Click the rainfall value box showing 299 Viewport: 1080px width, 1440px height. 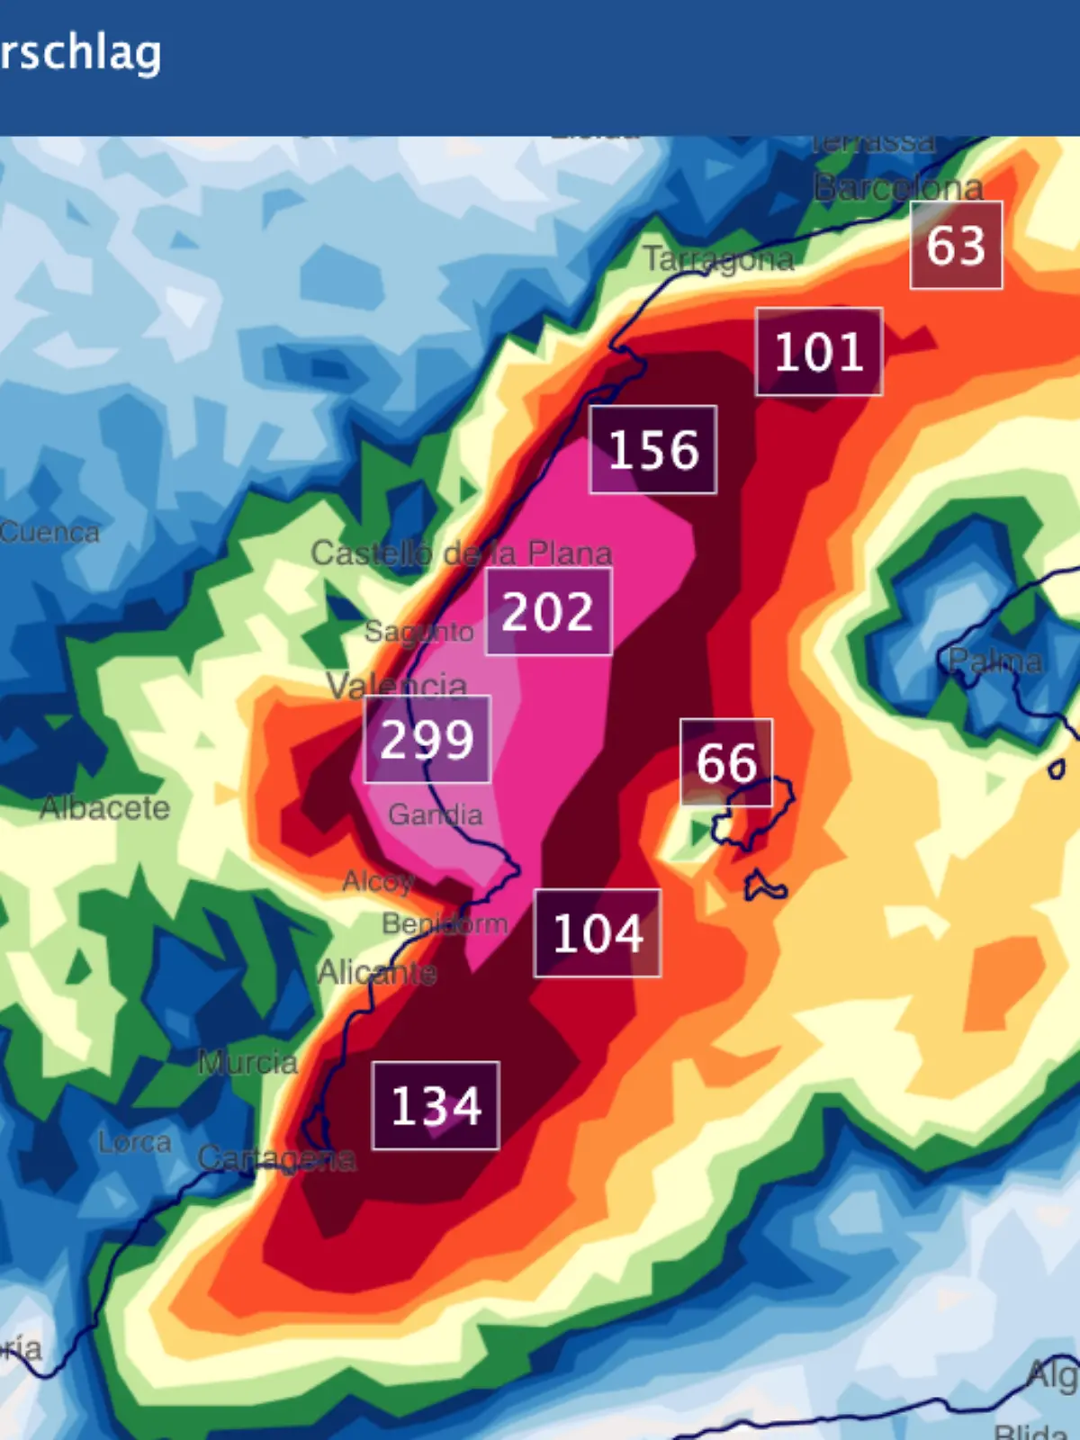pos(427,739)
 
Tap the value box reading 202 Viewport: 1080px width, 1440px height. pos(548,611)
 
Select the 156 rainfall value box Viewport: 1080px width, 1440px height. pos(653,449)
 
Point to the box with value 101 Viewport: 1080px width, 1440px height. pos(819,351)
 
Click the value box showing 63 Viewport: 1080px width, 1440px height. pos(956,245)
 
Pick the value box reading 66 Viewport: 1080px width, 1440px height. pos(726,761)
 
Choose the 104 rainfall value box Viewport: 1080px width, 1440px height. pos(598,932)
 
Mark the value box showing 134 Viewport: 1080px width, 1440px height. pos(436,1105)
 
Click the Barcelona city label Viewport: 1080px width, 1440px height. pos(898,188)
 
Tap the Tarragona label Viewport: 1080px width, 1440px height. pos(718,259)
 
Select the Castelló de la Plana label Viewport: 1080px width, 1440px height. pos(461,553)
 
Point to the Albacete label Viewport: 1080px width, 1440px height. pos(105,807)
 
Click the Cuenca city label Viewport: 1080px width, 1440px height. pos(49,532)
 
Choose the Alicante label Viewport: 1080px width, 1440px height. pos(378,972)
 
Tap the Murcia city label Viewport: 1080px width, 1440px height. pos(247,1063)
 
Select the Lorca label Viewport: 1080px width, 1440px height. pos(135,1142)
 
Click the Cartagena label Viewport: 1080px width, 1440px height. pos(276,1158)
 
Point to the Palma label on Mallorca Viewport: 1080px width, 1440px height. pos(995,661)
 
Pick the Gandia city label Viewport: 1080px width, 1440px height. pos(436,814)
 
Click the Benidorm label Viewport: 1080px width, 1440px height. pos(445,923)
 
